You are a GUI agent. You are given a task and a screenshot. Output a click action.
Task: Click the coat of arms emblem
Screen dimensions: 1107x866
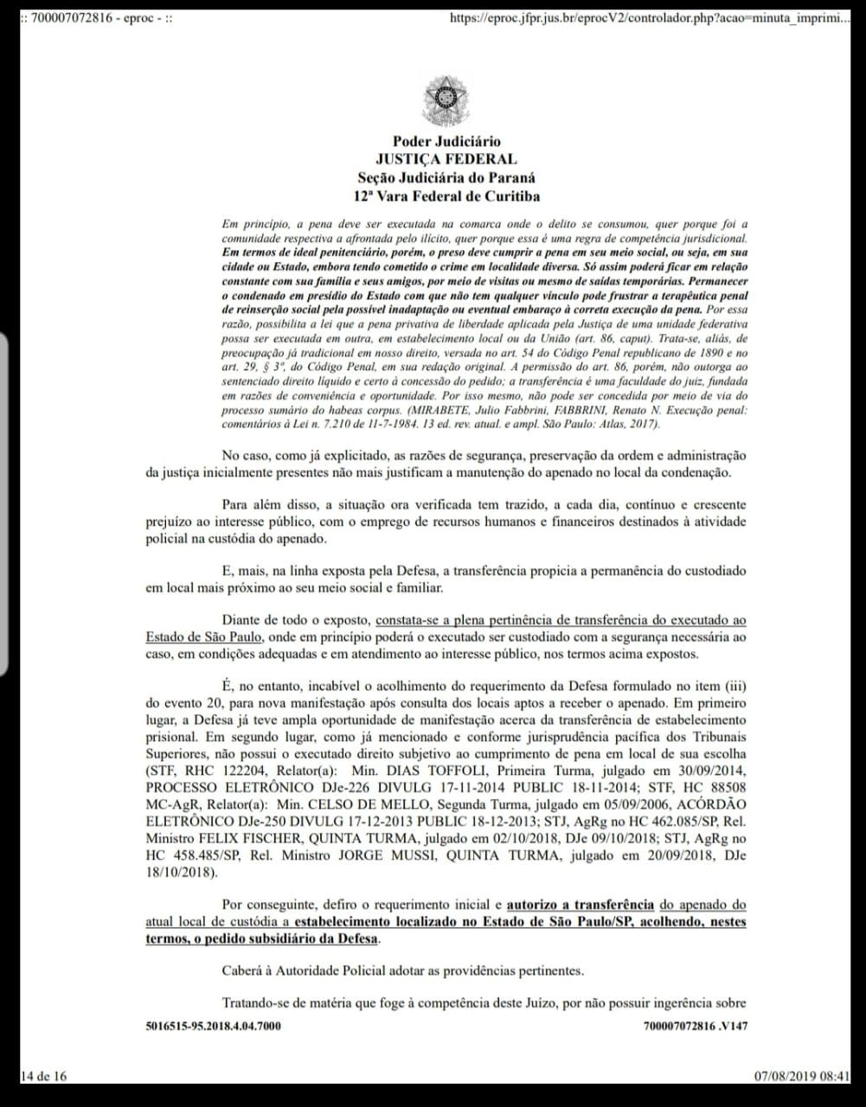tap(446, 100)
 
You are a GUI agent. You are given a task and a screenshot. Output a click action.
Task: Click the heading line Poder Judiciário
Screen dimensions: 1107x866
tap(446, 142)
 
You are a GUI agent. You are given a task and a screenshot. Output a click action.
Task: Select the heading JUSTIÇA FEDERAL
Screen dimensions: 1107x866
tap(446, 159)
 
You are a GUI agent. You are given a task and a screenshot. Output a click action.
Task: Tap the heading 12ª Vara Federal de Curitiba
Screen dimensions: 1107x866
tap(446, 196)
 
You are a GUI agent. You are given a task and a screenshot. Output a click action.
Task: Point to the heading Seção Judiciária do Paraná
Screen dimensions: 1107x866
tap(446, 178)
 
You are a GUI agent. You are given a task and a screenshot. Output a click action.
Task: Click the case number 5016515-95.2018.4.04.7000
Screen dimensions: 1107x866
tap(213, 1026)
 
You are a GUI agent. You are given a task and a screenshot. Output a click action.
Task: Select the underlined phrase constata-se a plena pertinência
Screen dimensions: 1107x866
tap(449, 621)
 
